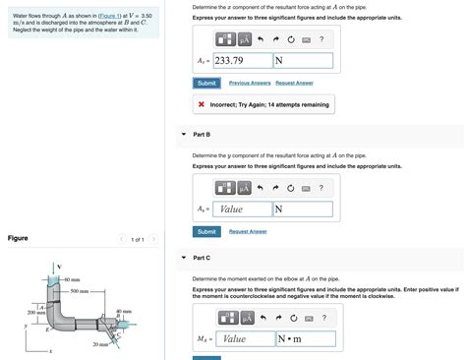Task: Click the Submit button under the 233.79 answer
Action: coord(206,84)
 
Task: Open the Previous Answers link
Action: coord(250,84)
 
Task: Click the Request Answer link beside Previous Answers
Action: coord(294,84)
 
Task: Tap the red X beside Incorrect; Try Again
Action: coord(201,105)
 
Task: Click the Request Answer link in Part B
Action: coord(248,231)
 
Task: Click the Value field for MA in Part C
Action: coord(245,338)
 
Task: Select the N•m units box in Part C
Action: coord(306,338)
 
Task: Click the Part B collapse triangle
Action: coord(183,134)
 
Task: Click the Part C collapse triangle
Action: coord(183,258)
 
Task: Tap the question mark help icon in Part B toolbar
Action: coord(320,188)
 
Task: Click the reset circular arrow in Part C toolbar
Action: coord(293,317)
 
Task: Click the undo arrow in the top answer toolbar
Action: coord(261,38)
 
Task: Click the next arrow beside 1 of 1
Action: coord(153,239)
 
